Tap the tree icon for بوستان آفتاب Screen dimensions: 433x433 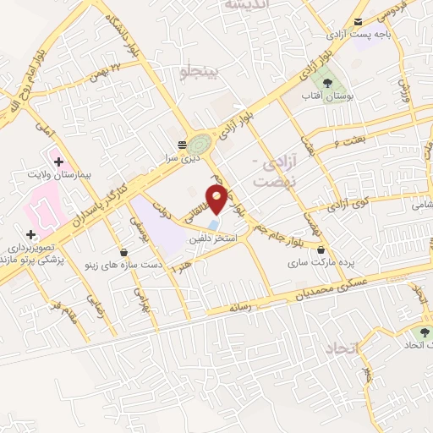coord(326,82)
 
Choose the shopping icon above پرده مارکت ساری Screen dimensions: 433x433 coord(321,249)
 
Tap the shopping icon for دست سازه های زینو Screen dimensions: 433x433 coord(124,252)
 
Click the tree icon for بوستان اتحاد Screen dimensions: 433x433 coord(425,332)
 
